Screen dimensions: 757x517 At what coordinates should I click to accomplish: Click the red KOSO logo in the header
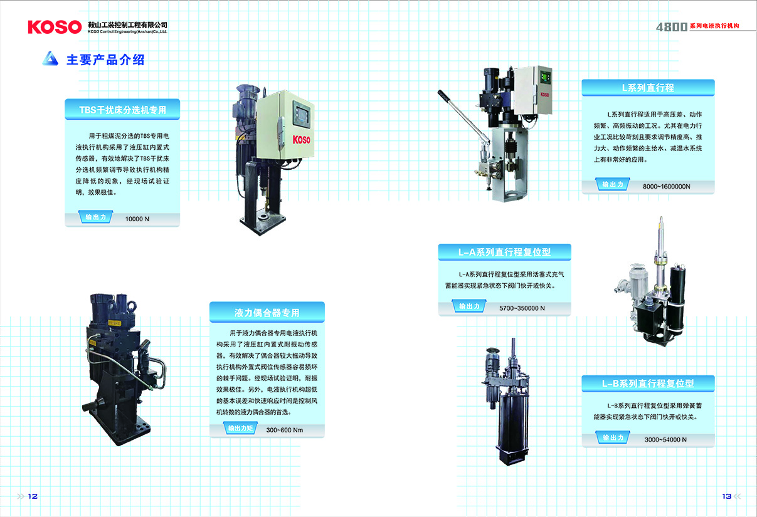pyautogui.click(x=55, y=27)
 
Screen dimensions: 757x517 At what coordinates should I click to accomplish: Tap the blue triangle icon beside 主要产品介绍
pyautogui.click(x=50, y=58)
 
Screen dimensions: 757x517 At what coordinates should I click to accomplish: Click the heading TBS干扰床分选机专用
pyautogui.click(x=122, y=110)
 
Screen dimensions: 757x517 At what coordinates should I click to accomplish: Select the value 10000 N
pyautogui.click(x=137, y=219)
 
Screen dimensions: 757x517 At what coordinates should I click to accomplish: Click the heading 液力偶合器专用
pyautogui.click(x=267, y=313)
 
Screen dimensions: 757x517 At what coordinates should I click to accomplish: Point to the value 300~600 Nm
pyautogui.click(x=285, y=430)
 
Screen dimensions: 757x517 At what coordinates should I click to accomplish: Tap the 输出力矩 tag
pyautogui.click(x=240, y=428)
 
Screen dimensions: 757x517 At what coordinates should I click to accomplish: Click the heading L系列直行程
pyautogui.click(x=648, y=88)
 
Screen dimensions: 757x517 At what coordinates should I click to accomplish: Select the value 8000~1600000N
pyautogui.click(x=667, y=186)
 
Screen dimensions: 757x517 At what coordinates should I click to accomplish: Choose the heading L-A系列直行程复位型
pyautogui.click(x=504, y=252)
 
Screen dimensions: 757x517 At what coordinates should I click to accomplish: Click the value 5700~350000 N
pyautogui.click(x=522, y=308)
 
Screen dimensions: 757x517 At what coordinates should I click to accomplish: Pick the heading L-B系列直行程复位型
pyautogui.click(x=648, y=384)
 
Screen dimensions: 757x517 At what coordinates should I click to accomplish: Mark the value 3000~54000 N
pyautogui.click(x=665, y=439)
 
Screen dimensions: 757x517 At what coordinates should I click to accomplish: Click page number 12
pyautogui.click(x=33, y=496)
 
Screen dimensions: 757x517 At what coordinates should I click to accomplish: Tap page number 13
pyautogui.click(x=727, y=496)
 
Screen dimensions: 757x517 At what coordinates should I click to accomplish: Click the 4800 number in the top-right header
pyautogui.click(x=672, y=27)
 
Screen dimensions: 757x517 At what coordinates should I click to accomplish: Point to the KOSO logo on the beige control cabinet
pyautogui.click(x=301, y=140)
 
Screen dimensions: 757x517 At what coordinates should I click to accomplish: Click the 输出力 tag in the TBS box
pyautogui.click(x=95, y=217)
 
